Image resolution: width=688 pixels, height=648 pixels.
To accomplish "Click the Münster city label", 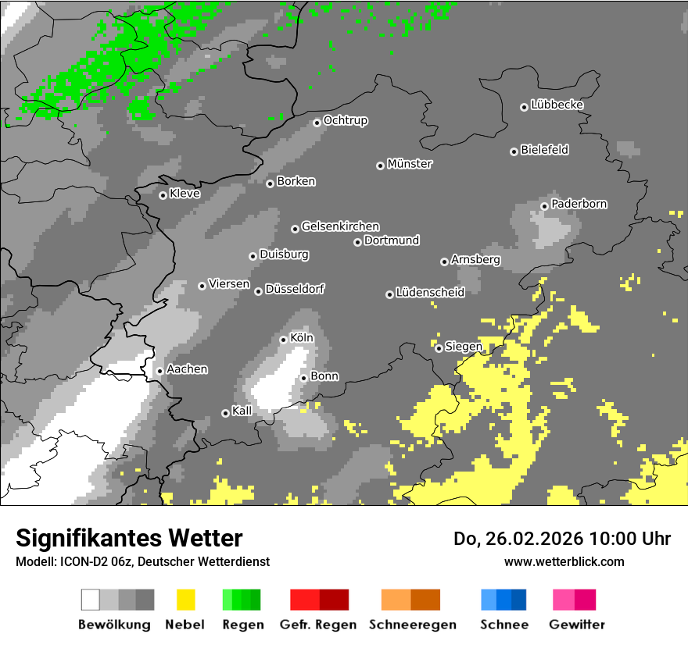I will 410,164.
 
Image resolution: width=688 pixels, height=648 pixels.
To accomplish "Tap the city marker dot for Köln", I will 284,340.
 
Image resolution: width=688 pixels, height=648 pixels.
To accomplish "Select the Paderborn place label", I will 579,204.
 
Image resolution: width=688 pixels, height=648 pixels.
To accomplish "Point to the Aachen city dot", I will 159,371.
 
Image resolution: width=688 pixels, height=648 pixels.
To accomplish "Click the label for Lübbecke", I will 557,105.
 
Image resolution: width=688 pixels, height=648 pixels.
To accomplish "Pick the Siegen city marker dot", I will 439,348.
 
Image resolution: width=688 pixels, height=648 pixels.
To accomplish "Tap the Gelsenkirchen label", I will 340,226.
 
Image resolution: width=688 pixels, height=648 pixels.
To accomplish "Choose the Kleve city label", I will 185,194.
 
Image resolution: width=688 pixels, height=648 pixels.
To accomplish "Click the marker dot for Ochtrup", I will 317,122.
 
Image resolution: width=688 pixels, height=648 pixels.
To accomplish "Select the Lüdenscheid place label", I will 430,292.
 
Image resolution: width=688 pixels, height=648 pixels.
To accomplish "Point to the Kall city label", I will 242,411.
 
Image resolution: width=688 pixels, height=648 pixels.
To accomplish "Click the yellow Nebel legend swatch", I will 185,600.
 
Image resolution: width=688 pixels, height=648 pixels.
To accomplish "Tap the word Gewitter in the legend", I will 577,625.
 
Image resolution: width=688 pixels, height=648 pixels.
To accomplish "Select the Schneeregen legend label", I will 411,625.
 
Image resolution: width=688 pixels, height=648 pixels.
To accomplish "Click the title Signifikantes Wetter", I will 129,538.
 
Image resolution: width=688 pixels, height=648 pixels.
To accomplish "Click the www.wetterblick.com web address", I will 564,561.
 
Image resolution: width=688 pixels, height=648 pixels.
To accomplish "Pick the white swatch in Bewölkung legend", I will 91,600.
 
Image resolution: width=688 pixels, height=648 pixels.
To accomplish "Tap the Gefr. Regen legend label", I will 318,625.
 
